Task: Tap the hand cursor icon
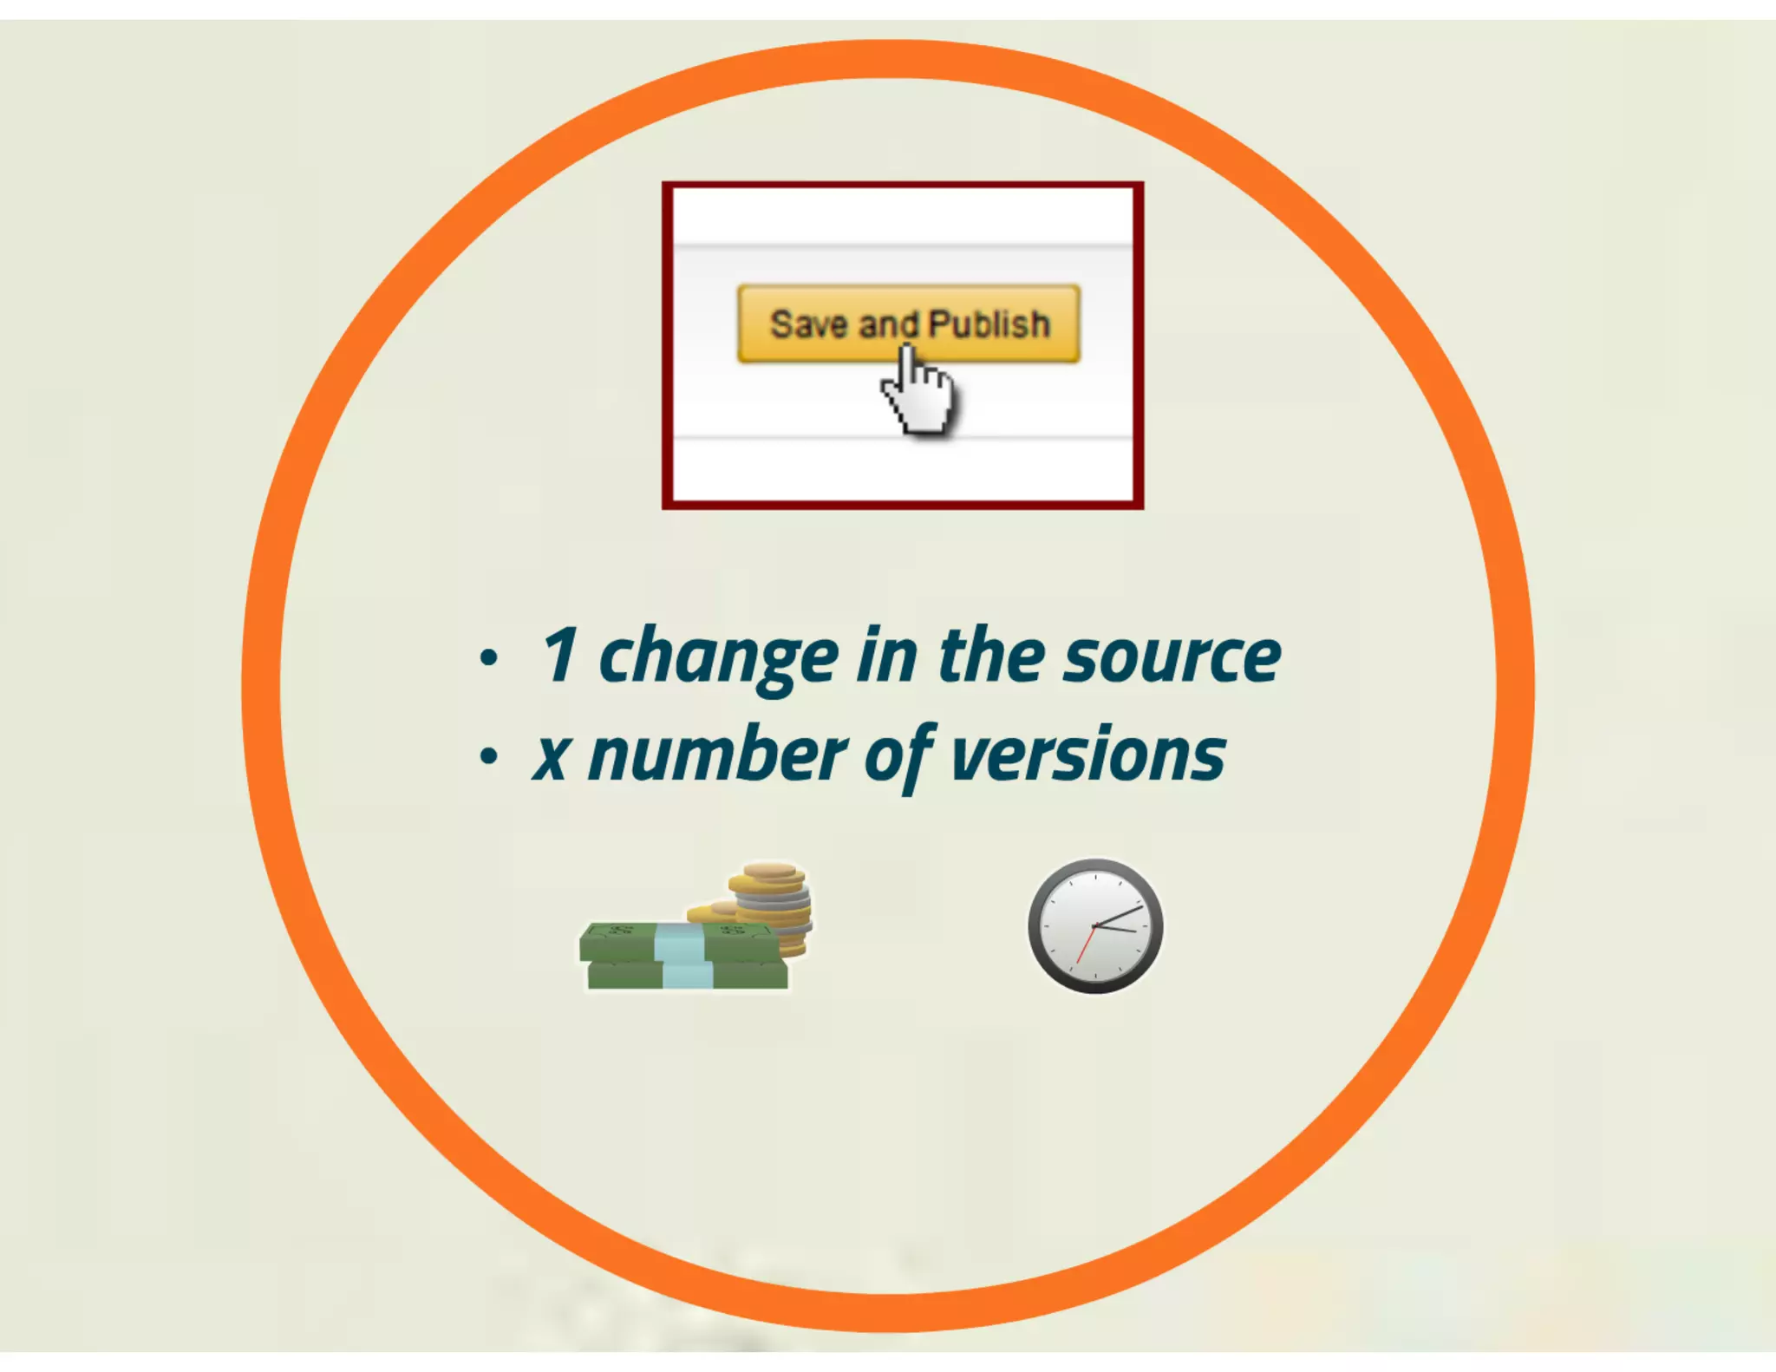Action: [917, 395]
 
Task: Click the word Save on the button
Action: [808, 324]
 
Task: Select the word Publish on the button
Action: [989, 324]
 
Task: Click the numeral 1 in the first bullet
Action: [560, 656]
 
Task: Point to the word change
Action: [719, 659]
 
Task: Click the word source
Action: [1172, 657]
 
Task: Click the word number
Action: [717, 755]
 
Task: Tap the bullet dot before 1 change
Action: [489, 657]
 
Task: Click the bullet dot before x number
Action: [489, 756]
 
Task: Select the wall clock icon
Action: [1095, 926]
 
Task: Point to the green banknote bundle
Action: [642, 956]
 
